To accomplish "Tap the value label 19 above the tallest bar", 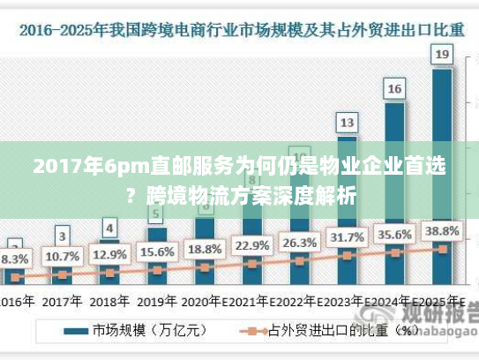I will coord(443,56).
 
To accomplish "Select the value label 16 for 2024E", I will coord(394,88).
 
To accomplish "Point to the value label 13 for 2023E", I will coord(348,122).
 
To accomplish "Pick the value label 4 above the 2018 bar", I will coord(109,228).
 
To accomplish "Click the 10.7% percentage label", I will coord(62,256).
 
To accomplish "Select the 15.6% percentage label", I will coord(157,251).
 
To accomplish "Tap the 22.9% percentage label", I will coord(252,244).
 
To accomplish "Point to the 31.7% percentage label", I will coord(348,237).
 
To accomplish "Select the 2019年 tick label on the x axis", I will coord(157,302).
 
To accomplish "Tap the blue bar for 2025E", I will coord(443,176).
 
